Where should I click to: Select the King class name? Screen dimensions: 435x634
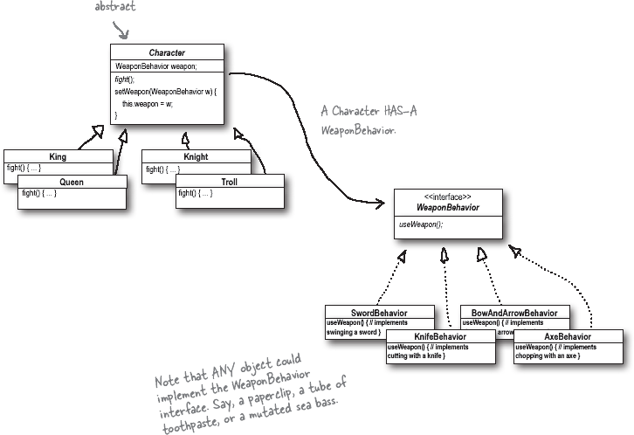(58, 156)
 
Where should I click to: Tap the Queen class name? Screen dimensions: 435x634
(72, 182)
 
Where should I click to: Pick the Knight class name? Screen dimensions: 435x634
(196, 156)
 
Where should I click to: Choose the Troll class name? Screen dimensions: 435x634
(230, 182)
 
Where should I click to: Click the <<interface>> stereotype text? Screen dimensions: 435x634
(447, 197)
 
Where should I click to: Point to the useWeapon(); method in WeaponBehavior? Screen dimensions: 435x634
(421, 224)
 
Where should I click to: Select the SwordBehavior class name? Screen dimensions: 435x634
(378, 312)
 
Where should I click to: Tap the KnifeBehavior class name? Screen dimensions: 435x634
(441, 336)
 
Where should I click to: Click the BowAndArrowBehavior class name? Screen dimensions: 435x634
(514, 312)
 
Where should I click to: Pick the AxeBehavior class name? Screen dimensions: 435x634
(568, 336)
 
